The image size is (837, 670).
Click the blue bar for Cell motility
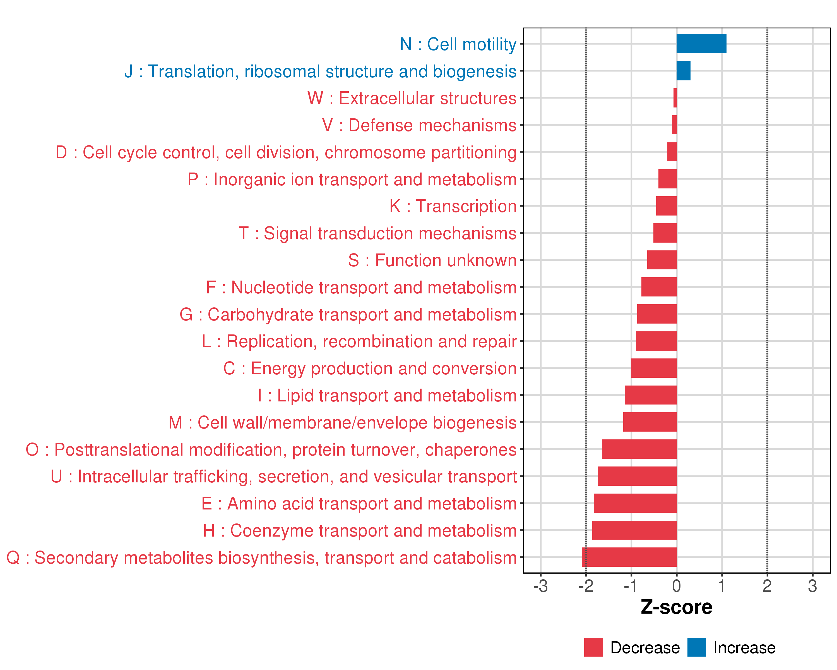[701, 44]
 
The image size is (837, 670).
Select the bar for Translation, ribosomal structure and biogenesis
[683, 71]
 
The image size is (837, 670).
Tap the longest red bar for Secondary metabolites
[629, 557]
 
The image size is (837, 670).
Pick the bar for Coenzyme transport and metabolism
[634, 530]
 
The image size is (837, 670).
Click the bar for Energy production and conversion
[654, 368]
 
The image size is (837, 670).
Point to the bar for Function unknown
[662, 260]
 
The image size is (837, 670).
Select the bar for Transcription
[666, 206]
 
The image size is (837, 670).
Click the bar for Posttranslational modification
[639, 449]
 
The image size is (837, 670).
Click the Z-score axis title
[677, 607]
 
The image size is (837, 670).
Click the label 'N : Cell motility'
[458, 44]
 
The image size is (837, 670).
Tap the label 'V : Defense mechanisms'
[419, 125]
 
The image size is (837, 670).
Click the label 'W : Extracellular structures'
[412, 98]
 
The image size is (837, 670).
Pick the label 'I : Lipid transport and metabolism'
[387, 395]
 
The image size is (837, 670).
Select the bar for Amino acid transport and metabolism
[635, 503]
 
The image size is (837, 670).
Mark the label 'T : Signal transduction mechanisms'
[377, 233]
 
